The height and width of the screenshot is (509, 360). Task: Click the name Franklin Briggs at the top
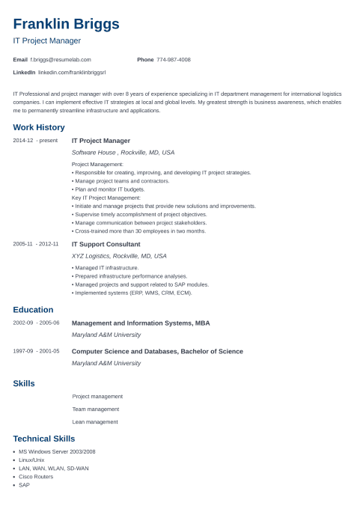point(66,24)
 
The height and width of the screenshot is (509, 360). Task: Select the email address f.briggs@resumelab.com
point(61,59)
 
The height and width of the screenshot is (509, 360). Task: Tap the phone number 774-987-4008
point(174,59)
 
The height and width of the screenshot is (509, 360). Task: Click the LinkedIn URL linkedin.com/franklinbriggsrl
point(72,72)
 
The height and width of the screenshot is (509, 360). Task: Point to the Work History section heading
point(39,127)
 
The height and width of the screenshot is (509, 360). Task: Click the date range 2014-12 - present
point(35,141)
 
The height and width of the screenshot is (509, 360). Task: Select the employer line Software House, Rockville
point(123,152)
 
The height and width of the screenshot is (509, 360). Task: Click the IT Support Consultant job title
point(106,244)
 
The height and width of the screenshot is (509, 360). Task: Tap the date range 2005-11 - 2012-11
point(36,244)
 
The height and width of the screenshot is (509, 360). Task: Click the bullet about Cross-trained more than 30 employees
point(139,231)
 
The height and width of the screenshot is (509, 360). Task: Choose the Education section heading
point(33,310)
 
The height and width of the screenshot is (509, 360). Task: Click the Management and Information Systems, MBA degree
point(141,323)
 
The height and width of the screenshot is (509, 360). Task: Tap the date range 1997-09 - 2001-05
point(36,351)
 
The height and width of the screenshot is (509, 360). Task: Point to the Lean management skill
point(95,421)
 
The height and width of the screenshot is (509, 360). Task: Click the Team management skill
point(96,409)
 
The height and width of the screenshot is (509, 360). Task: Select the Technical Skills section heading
point(44,439)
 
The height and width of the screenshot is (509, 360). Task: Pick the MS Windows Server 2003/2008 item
point(57,451)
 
